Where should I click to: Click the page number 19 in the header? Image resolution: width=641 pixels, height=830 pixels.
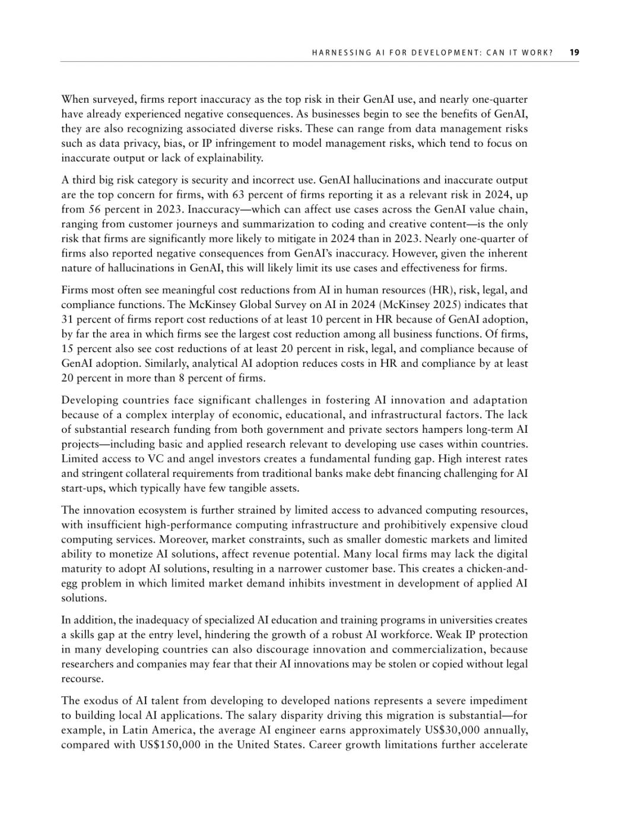pyautogui.click(x=574, y=52)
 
